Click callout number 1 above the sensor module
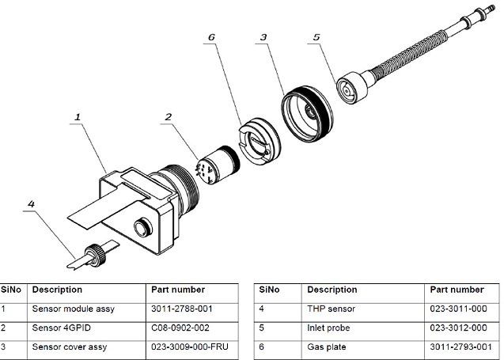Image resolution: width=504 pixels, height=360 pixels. tap(78, 117)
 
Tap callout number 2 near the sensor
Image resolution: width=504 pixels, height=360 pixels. tap(169, 117)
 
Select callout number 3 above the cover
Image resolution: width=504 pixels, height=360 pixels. tap(263, 36)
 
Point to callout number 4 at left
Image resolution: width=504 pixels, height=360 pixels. tap(31, 204)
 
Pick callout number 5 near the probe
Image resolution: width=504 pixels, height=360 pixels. tap(317, 36)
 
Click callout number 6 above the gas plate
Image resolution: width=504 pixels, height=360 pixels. tap(210, 36)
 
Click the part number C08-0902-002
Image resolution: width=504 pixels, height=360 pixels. tap(181, 328)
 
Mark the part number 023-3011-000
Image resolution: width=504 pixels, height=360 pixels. tap(457, 309)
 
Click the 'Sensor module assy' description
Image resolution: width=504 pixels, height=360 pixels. tap(73, 309)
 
